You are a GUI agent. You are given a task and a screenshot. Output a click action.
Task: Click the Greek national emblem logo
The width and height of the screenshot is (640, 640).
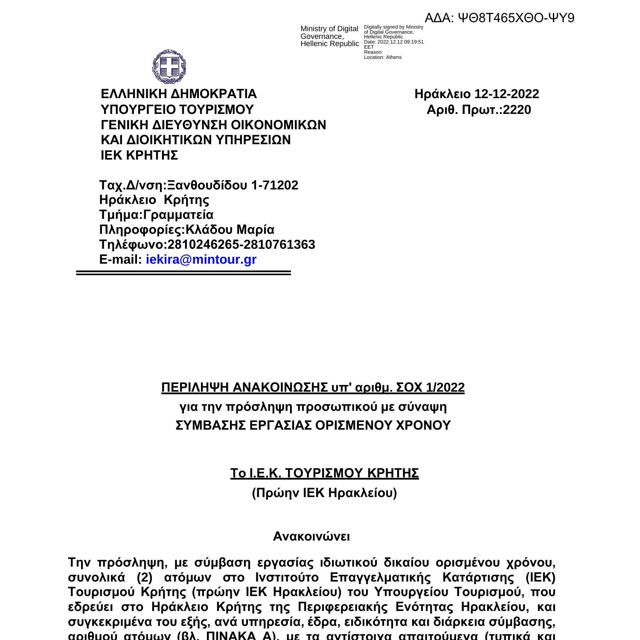[169, 67]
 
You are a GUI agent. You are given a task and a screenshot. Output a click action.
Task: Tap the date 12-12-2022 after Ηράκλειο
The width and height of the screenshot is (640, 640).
[506, 94]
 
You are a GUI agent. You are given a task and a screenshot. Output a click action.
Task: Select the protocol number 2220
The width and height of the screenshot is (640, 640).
[517, 110]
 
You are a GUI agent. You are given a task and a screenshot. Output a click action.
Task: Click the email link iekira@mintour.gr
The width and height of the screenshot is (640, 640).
[201, 259]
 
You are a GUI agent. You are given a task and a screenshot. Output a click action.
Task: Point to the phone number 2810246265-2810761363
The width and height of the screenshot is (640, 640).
[241, 244]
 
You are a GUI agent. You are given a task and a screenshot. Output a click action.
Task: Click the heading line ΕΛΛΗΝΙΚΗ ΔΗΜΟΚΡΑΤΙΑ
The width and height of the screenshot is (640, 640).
[178, 94]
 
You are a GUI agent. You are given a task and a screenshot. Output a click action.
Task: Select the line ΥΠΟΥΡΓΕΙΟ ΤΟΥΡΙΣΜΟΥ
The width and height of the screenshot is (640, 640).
[177, 110]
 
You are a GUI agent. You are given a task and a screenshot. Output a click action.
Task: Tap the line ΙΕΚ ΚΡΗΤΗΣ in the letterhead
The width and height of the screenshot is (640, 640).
[139, 156]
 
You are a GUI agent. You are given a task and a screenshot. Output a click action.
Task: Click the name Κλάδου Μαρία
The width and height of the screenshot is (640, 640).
[230, 230]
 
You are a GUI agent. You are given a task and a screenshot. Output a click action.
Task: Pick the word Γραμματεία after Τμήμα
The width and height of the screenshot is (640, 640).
[178, 215]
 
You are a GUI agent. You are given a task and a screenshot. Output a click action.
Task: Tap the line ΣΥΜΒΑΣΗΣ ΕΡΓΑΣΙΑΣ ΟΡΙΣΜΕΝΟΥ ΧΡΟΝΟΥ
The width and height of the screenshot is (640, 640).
[313, 425]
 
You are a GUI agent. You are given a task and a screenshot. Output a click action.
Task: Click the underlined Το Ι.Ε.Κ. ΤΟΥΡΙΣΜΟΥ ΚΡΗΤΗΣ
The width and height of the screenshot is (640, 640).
[324, 474]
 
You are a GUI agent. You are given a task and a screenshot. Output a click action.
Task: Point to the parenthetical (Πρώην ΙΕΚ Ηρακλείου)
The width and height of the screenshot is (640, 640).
[324, 493]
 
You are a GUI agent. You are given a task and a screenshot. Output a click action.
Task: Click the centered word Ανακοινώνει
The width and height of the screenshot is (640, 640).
[311, 536]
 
